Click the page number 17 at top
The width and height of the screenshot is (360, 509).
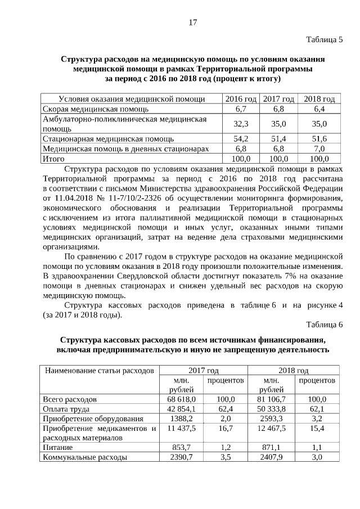pos(192,22)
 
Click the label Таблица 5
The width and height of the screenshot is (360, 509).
pos(323,39)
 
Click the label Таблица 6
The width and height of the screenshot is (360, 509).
pos(323,325)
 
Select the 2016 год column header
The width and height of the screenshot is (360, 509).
pos(241,99)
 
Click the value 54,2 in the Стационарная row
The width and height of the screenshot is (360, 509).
pos(241,138)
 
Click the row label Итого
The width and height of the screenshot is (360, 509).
pos(53,159)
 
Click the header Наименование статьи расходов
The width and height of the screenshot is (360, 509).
pos(99,371)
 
